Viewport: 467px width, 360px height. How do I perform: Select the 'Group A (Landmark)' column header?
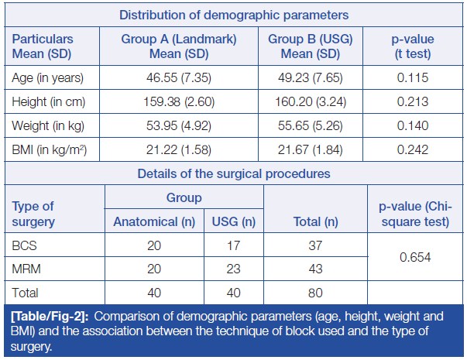click(179, 46)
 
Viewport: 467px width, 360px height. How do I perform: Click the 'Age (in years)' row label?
click(48, 78)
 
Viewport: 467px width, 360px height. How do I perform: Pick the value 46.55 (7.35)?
click(179, 78)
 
